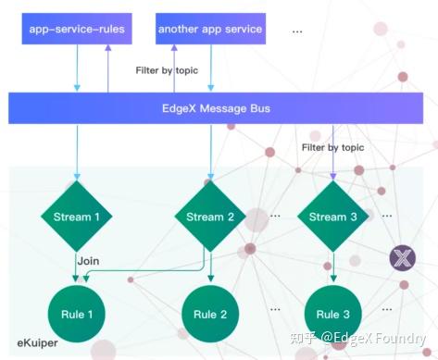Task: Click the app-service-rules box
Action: pyautogui.click(x=77, y=30)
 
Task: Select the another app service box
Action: pyautogui.click(x=210, y=30)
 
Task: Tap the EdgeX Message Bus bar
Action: pyautogui.click(x=219, y=107)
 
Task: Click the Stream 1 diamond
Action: pyautogui.click(x=77, y=217)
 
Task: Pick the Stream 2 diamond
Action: pyautogui.click(x=211, y=217)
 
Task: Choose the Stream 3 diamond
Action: pyautogui.click(x=333, y=217)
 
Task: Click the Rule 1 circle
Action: pyautogui.click(x=77, y=314)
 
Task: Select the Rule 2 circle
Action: pyautogui.click(x=211, y=314)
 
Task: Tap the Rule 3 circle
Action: pyautogui.click(x=333, y=314)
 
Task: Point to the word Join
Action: pyautogui.click(x=90, y=261)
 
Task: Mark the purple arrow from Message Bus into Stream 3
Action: pyautogui.click(x=333, y=162)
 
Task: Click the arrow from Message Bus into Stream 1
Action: pyautogui.click(x=77, y=153)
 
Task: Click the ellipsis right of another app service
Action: pyautogui.click(x=296, y=31)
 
